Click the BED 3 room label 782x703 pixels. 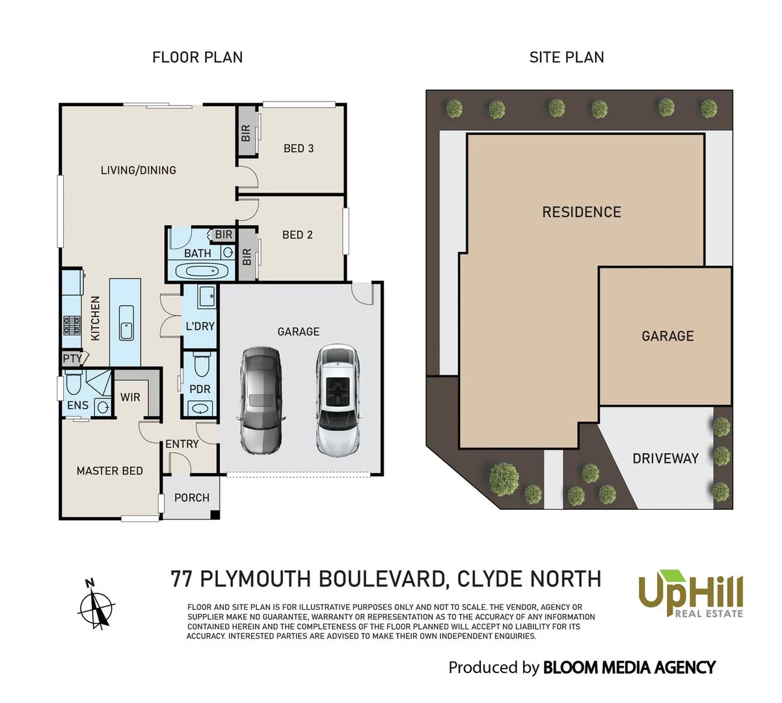299,148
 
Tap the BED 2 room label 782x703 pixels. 297,234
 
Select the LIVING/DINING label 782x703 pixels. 139,170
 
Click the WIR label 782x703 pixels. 130,397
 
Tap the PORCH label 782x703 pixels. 192,497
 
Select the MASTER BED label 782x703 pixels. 109,471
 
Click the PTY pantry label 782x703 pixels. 73,359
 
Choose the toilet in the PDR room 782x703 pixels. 201,366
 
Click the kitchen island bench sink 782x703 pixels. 126,322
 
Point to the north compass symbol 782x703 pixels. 97,606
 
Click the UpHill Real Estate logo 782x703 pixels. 690,594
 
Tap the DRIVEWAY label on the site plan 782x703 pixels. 666,458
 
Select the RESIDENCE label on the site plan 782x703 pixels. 582,212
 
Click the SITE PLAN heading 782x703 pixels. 567,57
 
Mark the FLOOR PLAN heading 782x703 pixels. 197,57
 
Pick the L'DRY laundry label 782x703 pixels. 200,326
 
